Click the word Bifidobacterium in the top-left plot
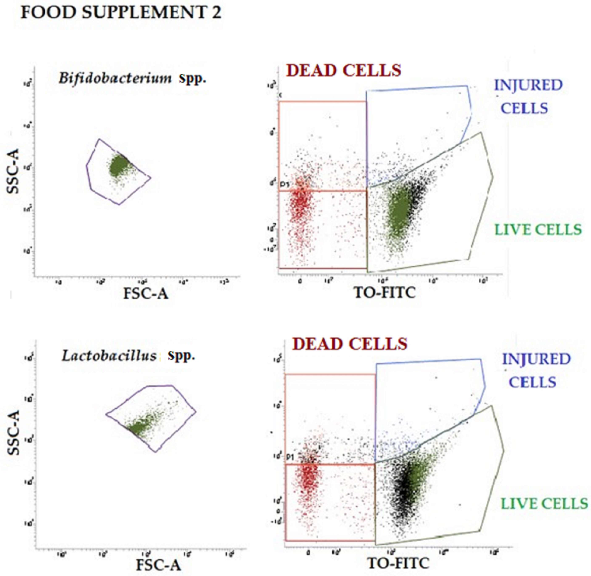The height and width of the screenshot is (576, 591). [x=115, y=79]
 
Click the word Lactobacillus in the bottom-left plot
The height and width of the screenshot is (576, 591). [x=109, y=356]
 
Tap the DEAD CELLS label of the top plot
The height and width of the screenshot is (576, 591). [x=344, y=71]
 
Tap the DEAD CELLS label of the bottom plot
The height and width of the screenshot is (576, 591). [x=350, y=344]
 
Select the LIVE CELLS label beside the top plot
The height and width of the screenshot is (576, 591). [x=538, y=230]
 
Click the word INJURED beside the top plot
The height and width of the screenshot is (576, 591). [x=528, y=85]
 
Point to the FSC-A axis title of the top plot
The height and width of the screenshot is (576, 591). [x=146, y=293]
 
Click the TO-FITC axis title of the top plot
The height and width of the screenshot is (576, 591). [x=385, y=292]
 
